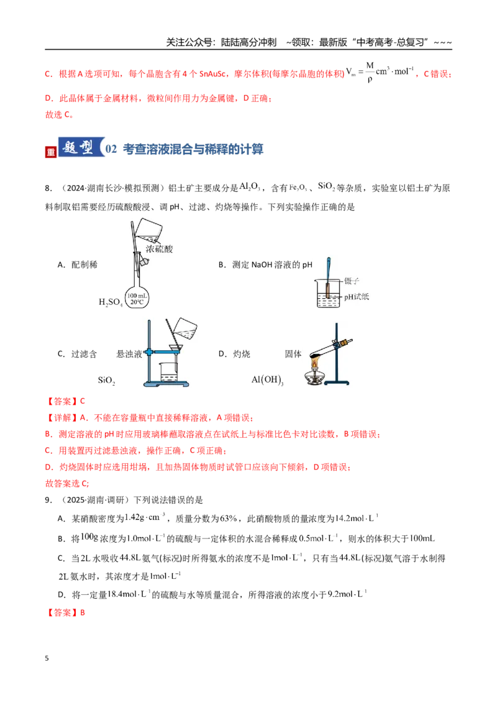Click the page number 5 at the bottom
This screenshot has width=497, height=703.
click(47, 658)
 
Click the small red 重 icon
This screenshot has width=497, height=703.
click(51, 152)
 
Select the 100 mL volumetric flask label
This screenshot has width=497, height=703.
click(137, 299)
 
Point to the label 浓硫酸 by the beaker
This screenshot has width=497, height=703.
click(159, 249)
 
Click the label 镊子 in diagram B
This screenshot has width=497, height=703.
click(352, 281)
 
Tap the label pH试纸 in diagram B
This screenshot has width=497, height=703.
click(357, 297)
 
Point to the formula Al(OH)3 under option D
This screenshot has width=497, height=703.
click(267, 380)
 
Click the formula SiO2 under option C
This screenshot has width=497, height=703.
click(107, 381)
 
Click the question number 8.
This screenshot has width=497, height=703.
click(48, 188)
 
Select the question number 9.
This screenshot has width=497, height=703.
click(48, 500)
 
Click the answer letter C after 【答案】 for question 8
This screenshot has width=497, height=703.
click(83, 401)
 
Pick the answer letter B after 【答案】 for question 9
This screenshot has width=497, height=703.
click(83, 612)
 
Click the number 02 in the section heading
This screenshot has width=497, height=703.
click(111, 149)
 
